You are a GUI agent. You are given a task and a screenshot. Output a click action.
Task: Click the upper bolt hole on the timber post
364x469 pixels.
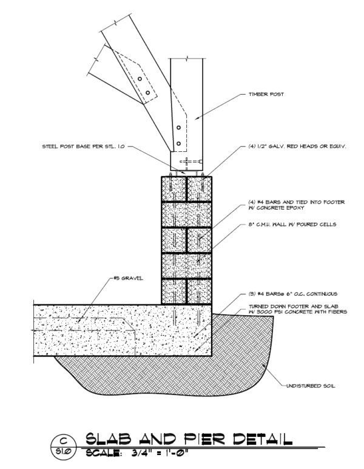[178, 128]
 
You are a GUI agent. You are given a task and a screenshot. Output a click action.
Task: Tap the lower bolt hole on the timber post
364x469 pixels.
[178, 143]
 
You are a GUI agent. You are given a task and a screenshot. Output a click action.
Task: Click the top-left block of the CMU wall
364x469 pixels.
[174, 188]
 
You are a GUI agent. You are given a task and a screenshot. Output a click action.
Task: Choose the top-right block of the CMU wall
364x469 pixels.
[200, 188]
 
